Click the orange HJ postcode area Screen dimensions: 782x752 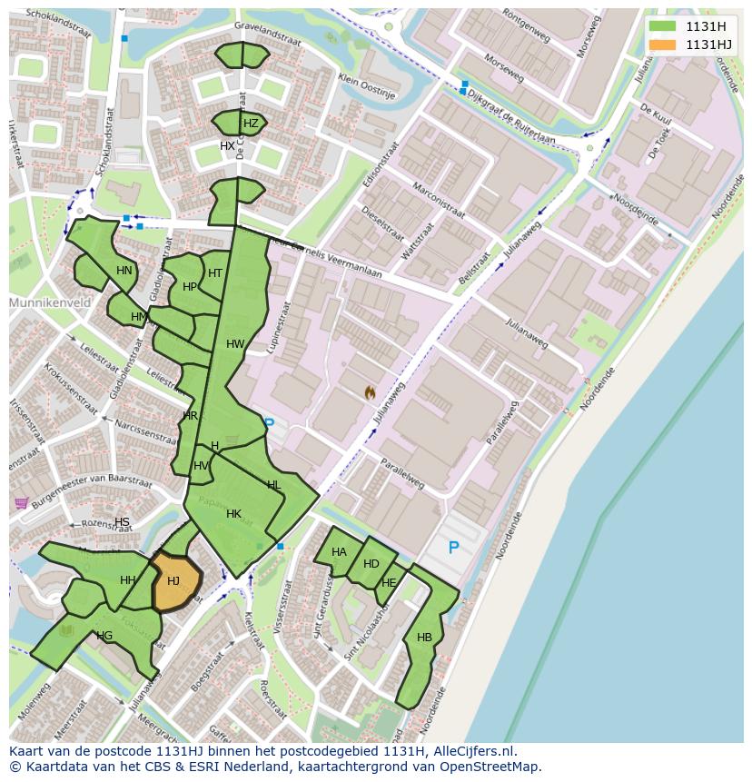pos(174,581)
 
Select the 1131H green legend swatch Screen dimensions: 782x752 pos(663,26)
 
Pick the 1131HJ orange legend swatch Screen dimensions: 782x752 pos(663,45)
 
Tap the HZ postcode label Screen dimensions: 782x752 pos(251,124)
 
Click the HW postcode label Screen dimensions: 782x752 pos(235,344)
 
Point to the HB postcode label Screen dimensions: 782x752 pos(424,638)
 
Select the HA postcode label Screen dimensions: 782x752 pos(339,552)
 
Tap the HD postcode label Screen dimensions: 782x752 pos(371,564)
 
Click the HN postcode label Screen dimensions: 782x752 pos(124,271)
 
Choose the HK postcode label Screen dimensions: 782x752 pos(233,514)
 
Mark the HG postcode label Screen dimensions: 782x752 pos(104,636)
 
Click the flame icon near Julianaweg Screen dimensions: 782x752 pos(370,392)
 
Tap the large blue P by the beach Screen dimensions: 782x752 pos(453,548)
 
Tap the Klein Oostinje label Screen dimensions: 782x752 pos(367,86)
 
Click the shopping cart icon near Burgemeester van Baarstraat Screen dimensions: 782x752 pos(20,503)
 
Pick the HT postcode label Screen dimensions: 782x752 pos(215,273)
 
